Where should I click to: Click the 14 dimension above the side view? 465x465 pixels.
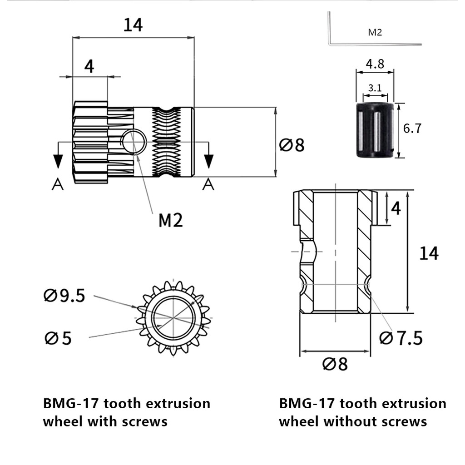[133, 25]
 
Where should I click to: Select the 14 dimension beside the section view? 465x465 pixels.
[429, 253]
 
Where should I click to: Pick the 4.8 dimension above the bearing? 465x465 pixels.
[375, 64]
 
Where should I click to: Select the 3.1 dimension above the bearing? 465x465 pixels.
[375, 88]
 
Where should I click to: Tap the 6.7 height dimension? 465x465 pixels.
[412, 129]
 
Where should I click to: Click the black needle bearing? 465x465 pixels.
[374, 130]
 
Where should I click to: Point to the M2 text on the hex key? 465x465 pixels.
[375, 33]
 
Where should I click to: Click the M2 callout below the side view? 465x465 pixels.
[170, 221]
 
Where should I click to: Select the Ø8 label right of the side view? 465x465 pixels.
[292, 145]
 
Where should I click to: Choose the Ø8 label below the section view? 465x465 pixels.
[335, 364]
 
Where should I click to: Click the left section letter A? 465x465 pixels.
[57, 184]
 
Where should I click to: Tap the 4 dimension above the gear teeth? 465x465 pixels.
[89, 67]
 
